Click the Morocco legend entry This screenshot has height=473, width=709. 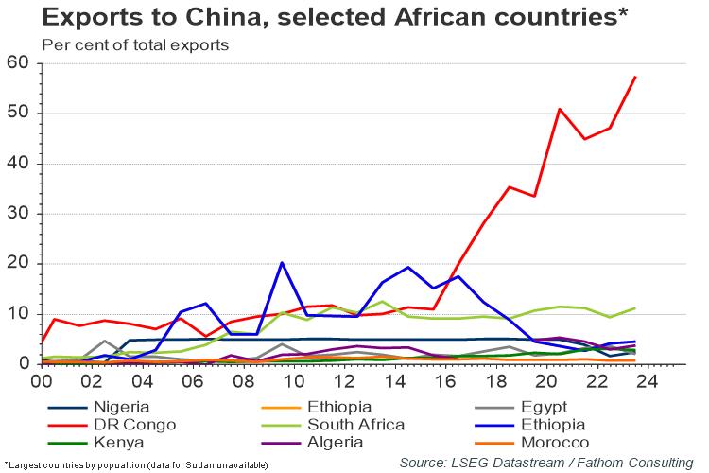point(556,442)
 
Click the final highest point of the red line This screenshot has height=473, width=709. point(635,77)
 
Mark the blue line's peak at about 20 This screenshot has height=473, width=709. point(282,263)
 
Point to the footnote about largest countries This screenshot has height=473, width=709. point(137,464)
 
